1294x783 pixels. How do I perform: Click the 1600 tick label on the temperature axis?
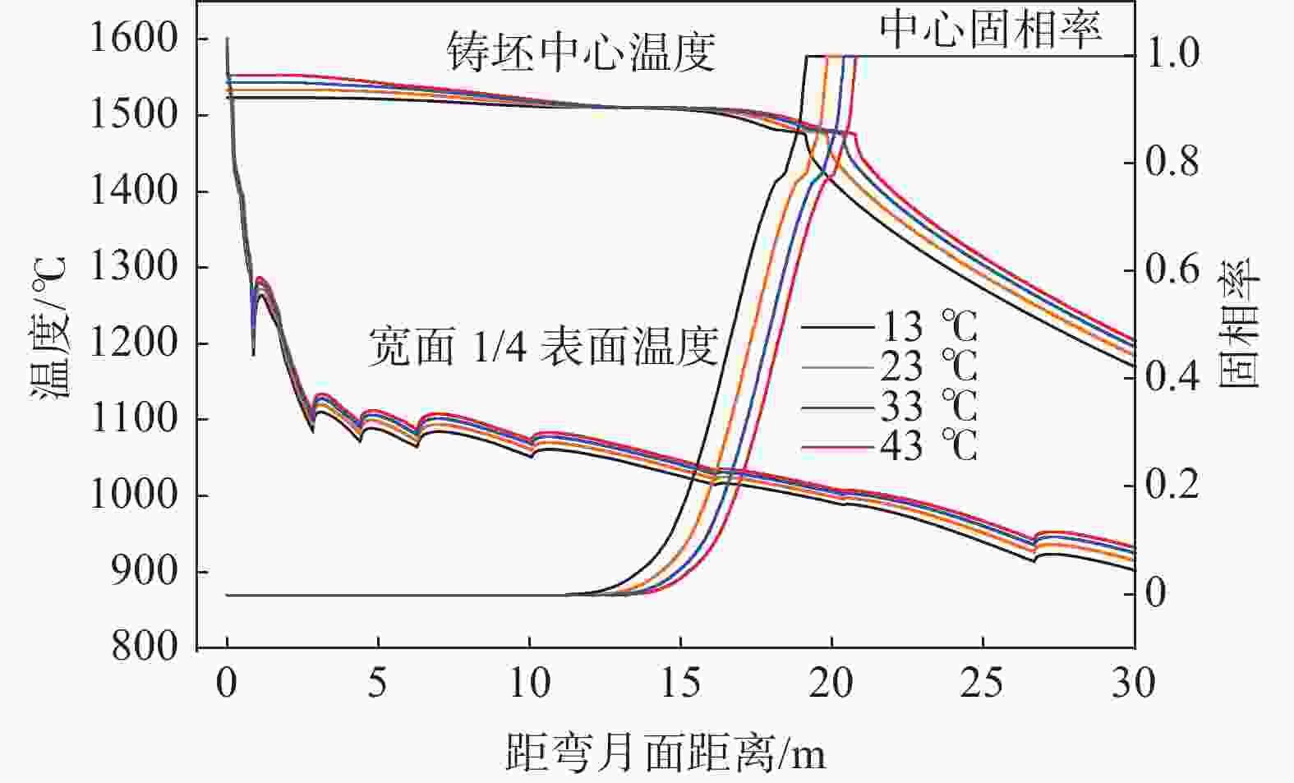[x=133, y=39]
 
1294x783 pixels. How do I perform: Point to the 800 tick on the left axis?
[x=145, y=647]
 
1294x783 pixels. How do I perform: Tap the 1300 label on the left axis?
[x=133, y=267]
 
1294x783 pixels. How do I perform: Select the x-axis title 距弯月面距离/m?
[x=665, y=750]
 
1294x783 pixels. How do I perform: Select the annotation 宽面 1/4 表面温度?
[x=542, y=346]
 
